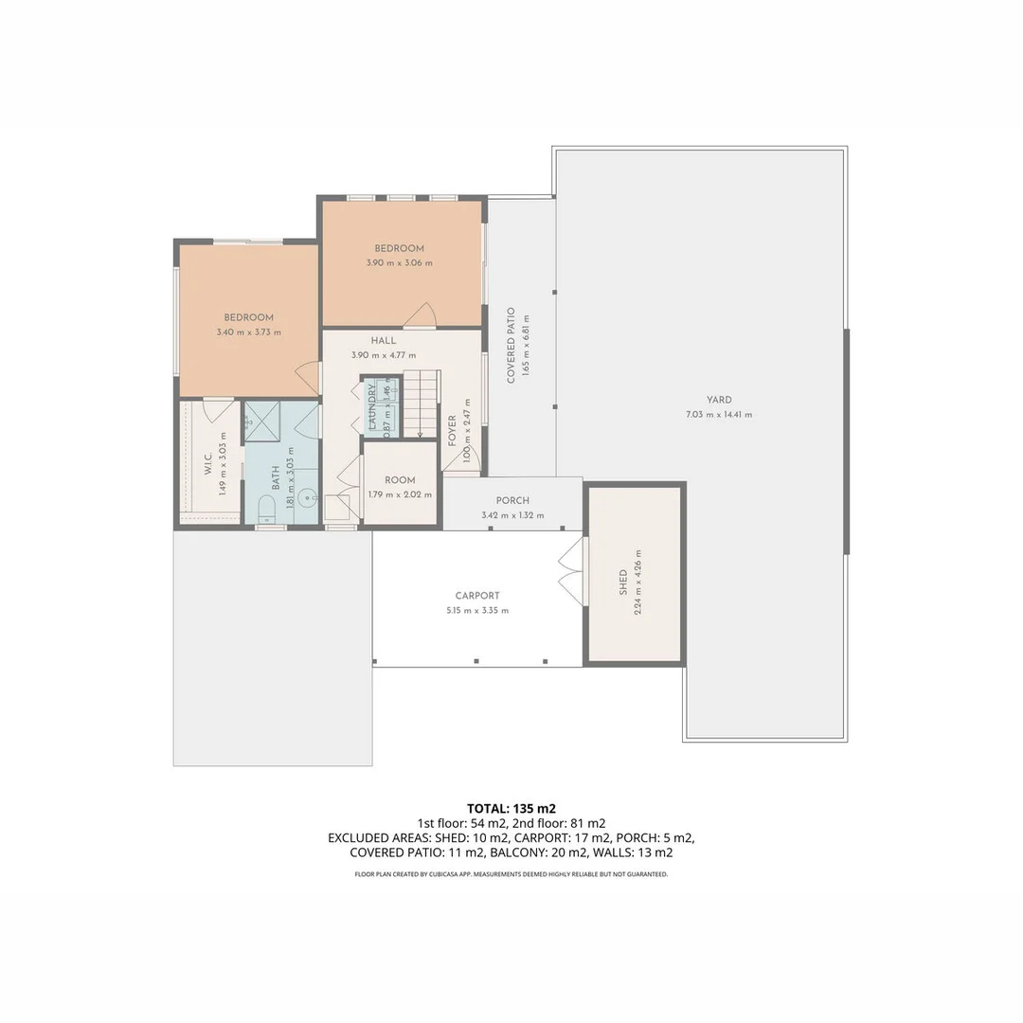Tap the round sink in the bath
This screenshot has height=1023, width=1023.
[x=307, y=498]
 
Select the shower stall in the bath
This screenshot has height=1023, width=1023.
[x=262, y=421]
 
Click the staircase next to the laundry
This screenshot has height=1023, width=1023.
[x=421, y=403]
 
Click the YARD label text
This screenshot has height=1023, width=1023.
[x=719, y=400]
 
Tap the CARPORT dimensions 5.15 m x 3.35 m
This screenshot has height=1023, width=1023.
[x=476, y=611]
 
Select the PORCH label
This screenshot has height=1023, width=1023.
[x=512, y=500]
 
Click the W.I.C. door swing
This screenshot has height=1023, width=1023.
[x=219, y=411]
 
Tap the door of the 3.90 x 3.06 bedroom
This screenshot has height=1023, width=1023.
[x=420, y=315]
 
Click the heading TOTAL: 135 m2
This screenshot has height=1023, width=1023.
[x=511, y=808]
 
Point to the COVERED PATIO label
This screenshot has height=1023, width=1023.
[x=511, y=345]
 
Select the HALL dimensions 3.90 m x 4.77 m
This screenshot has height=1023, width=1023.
[x=384, y=355]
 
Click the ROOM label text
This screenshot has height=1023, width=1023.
[x=400, y=480]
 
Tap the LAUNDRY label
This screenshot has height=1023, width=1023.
[x=372, y=406]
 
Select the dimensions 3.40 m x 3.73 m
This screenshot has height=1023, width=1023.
[x=248, y=332]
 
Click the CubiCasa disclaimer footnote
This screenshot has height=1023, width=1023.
[x=511, y=874]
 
